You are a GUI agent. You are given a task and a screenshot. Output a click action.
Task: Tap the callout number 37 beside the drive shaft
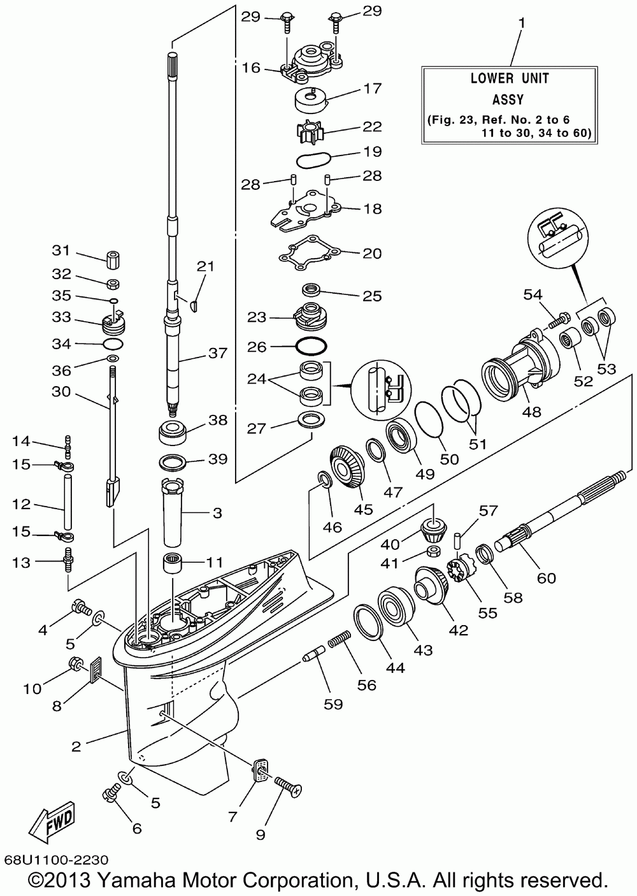217,352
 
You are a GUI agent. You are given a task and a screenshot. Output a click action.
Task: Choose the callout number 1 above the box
522,23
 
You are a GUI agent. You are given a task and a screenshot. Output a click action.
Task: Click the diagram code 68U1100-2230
55,858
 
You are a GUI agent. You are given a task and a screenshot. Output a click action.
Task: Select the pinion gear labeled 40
434,528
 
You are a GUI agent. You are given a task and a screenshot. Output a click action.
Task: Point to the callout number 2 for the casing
76,746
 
